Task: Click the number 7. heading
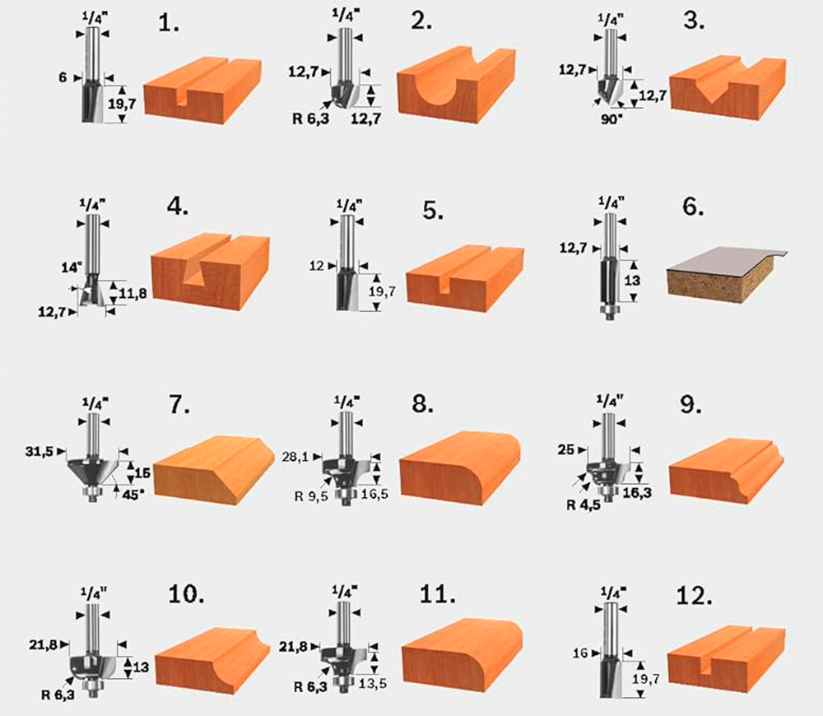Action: point(179,405)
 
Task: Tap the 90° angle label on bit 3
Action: point(611,119)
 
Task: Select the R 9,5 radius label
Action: point(311,496)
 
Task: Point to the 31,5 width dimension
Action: point(40,452)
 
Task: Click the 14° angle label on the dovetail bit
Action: point(72,267)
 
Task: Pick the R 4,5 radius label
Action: point(584,505)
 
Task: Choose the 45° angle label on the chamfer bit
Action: point(133,495)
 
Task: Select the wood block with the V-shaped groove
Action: point(728,89)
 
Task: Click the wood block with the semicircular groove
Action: point(456,84)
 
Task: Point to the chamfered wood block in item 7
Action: point(214,470)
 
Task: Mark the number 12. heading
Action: point(694,596)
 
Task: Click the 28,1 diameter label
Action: point(295,458)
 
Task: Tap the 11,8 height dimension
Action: point(133,294)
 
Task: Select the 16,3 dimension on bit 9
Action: point(637,493)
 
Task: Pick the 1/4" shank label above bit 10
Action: point(94,593)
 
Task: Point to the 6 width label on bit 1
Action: point(63,77)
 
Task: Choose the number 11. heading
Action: point(437,595)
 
